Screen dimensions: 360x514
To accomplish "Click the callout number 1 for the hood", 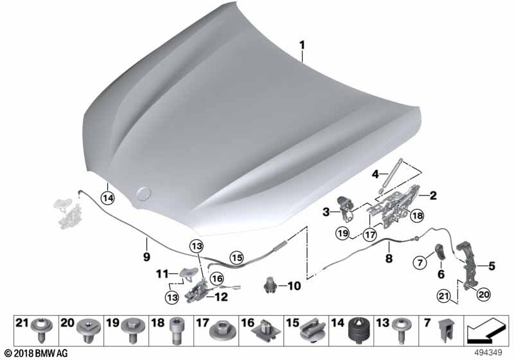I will click(302, 45).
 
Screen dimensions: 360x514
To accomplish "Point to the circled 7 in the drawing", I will click(420, 262).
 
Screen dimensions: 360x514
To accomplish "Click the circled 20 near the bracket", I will click(483, 294).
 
